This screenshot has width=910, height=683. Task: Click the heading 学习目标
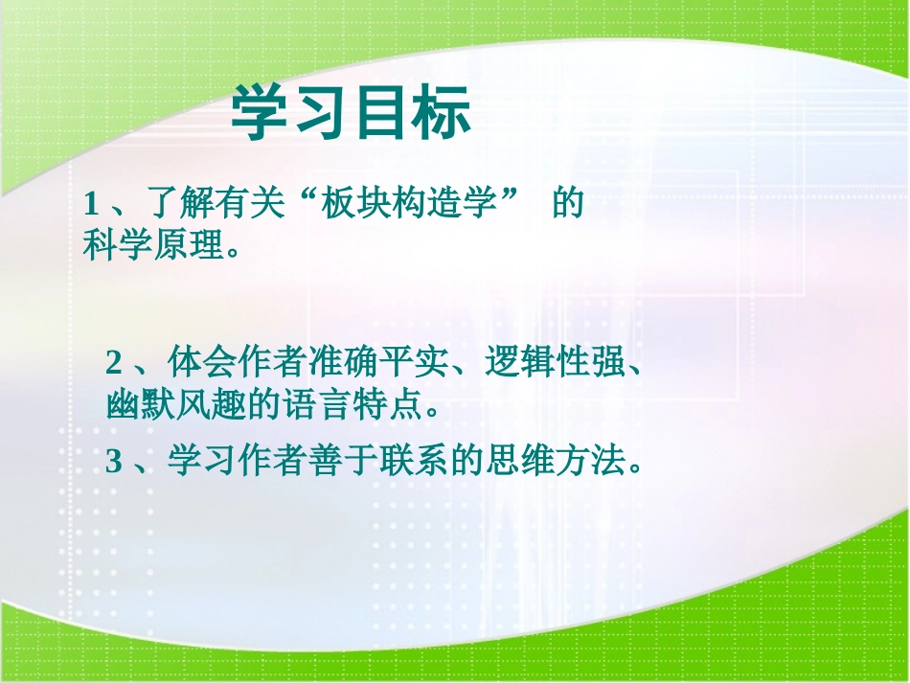pyautogui.click(x=352, y=114)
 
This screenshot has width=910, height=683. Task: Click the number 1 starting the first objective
pyautogui.click(x=92, y=205)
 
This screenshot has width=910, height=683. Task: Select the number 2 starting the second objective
pyautogui.click(x=115, y=364)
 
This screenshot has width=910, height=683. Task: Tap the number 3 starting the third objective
pyautogui.click(x=115, y=464)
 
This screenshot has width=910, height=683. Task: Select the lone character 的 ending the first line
pyautogui.click(x=568, y=205)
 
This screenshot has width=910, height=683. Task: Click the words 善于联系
pyautogui.click(x=361, y=464)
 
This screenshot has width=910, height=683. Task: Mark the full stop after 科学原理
pyautogui.click(x=229, y=253)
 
